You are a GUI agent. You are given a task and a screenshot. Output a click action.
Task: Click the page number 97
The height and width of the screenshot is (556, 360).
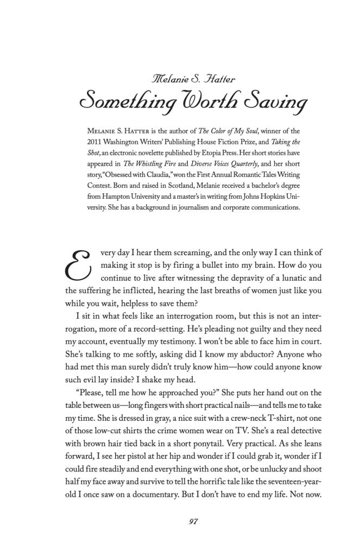click(193, 522)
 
